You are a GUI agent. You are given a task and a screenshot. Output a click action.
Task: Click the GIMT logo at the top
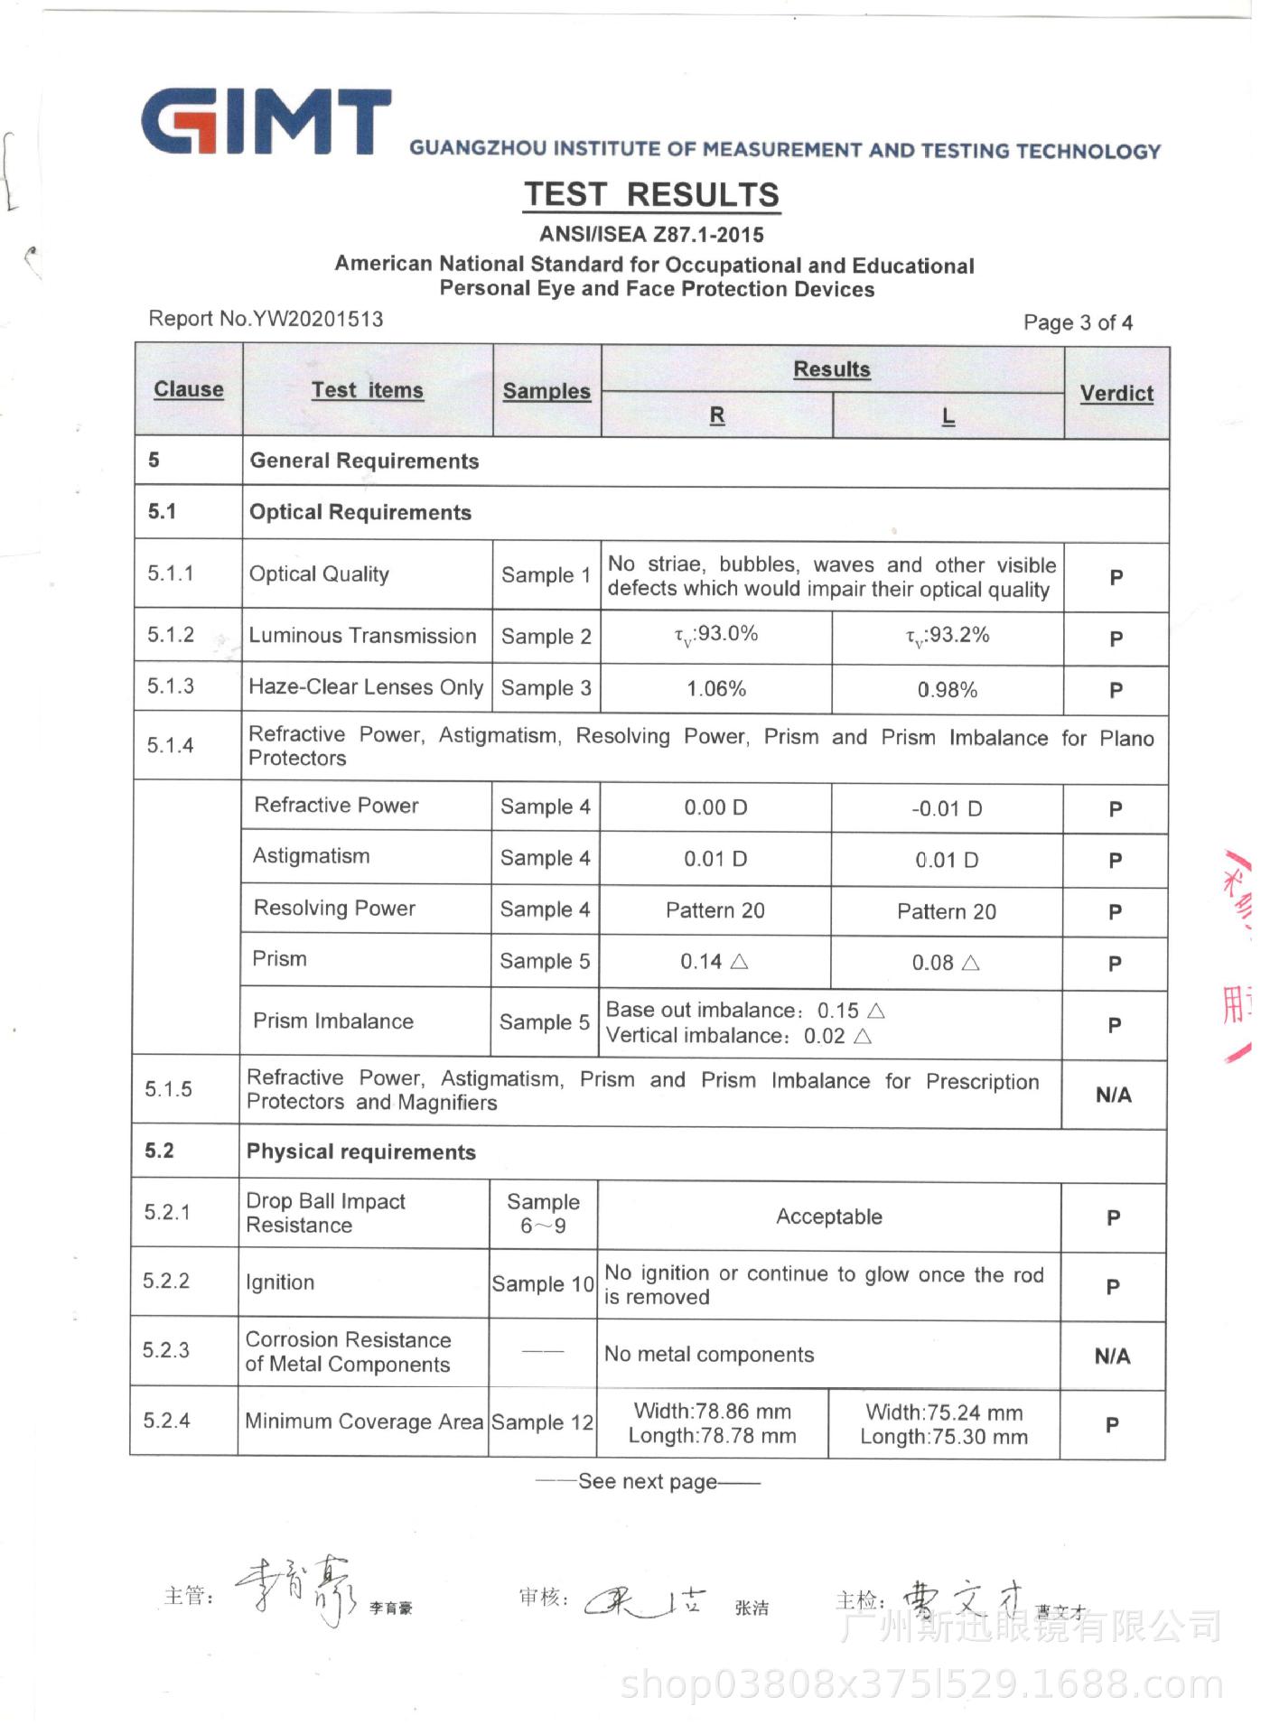(266, 123)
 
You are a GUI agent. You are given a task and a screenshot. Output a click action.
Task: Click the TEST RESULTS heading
(651, 195)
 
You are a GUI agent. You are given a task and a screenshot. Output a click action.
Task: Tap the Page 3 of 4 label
(1078, 322)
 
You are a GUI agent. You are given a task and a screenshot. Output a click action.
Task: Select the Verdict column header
(1116, 394)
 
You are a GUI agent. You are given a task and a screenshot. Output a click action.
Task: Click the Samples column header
(546, 391)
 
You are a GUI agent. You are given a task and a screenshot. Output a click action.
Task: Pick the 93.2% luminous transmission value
(948, 636)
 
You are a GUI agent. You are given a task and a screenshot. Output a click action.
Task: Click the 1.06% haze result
(716, 689)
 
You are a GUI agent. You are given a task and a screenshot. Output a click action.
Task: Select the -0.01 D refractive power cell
(947, 808)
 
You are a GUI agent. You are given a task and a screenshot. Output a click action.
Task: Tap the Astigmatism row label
(312, 856)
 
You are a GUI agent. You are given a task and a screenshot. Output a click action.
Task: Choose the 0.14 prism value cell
(715, 962)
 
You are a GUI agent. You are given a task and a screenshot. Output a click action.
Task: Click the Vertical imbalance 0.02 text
(739, 1036)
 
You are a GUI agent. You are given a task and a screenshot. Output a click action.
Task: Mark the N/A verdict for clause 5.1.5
(1113, 1095)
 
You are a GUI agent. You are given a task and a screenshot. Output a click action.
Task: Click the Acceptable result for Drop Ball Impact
(829, 1217)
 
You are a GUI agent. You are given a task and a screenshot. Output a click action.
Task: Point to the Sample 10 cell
(543, 1283)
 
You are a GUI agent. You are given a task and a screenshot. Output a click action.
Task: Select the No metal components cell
(709, 1355)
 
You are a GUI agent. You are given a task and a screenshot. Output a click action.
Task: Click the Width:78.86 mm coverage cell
(713, 1423)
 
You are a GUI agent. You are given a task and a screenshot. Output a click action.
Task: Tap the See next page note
(648, 1482)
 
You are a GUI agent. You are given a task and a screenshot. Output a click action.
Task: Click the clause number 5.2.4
(167, 1421)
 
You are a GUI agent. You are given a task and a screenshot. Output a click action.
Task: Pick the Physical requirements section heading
(361, 1152)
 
